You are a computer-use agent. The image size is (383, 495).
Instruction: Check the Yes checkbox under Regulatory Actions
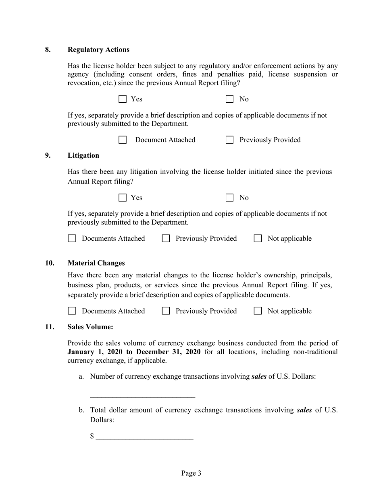123,99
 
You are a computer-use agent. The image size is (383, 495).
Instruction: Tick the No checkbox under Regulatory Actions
229,99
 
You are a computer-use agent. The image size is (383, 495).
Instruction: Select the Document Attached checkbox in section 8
123,140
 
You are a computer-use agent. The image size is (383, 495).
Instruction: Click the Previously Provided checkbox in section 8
229,140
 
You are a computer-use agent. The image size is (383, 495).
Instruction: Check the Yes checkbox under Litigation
123,198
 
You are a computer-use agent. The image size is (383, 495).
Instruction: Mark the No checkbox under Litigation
229,198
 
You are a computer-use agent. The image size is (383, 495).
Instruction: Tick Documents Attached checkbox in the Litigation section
72,239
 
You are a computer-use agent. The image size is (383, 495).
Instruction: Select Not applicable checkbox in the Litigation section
258,239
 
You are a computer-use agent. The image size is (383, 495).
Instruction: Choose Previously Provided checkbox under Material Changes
166,311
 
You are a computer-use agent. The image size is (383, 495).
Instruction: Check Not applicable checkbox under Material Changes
258,311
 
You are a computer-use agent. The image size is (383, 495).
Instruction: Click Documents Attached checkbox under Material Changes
72,311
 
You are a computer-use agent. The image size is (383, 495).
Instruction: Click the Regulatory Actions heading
98,49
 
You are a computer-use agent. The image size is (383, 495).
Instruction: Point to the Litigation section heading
83,155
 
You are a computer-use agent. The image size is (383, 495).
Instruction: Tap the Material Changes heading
96,263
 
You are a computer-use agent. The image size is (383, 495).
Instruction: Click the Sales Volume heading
90,327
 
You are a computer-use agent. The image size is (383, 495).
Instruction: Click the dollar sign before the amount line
92,436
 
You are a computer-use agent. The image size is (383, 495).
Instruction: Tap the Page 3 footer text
191,473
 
